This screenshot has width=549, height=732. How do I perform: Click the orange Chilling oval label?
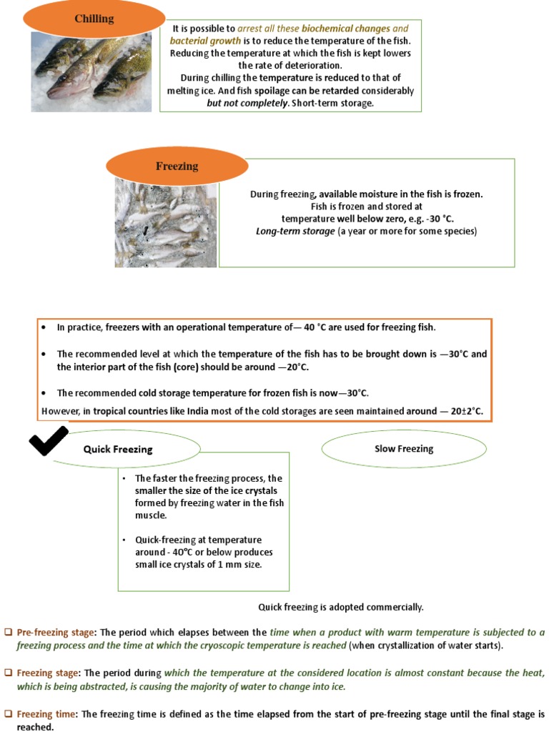coord(94,19)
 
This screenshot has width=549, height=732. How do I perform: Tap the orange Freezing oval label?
coord(177,166)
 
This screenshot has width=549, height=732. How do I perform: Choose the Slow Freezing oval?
coord(404,449)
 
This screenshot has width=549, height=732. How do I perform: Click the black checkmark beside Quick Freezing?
coord(48,440)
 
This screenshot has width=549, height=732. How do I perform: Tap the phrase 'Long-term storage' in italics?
coord(295,232)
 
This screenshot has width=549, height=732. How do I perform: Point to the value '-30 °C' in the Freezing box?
coord(437,219)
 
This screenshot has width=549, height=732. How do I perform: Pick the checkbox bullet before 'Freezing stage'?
coord(9,673)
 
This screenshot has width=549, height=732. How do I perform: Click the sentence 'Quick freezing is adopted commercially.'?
coord(340,607)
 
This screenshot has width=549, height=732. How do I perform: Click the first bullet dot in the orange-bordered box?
coord(44,328)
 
